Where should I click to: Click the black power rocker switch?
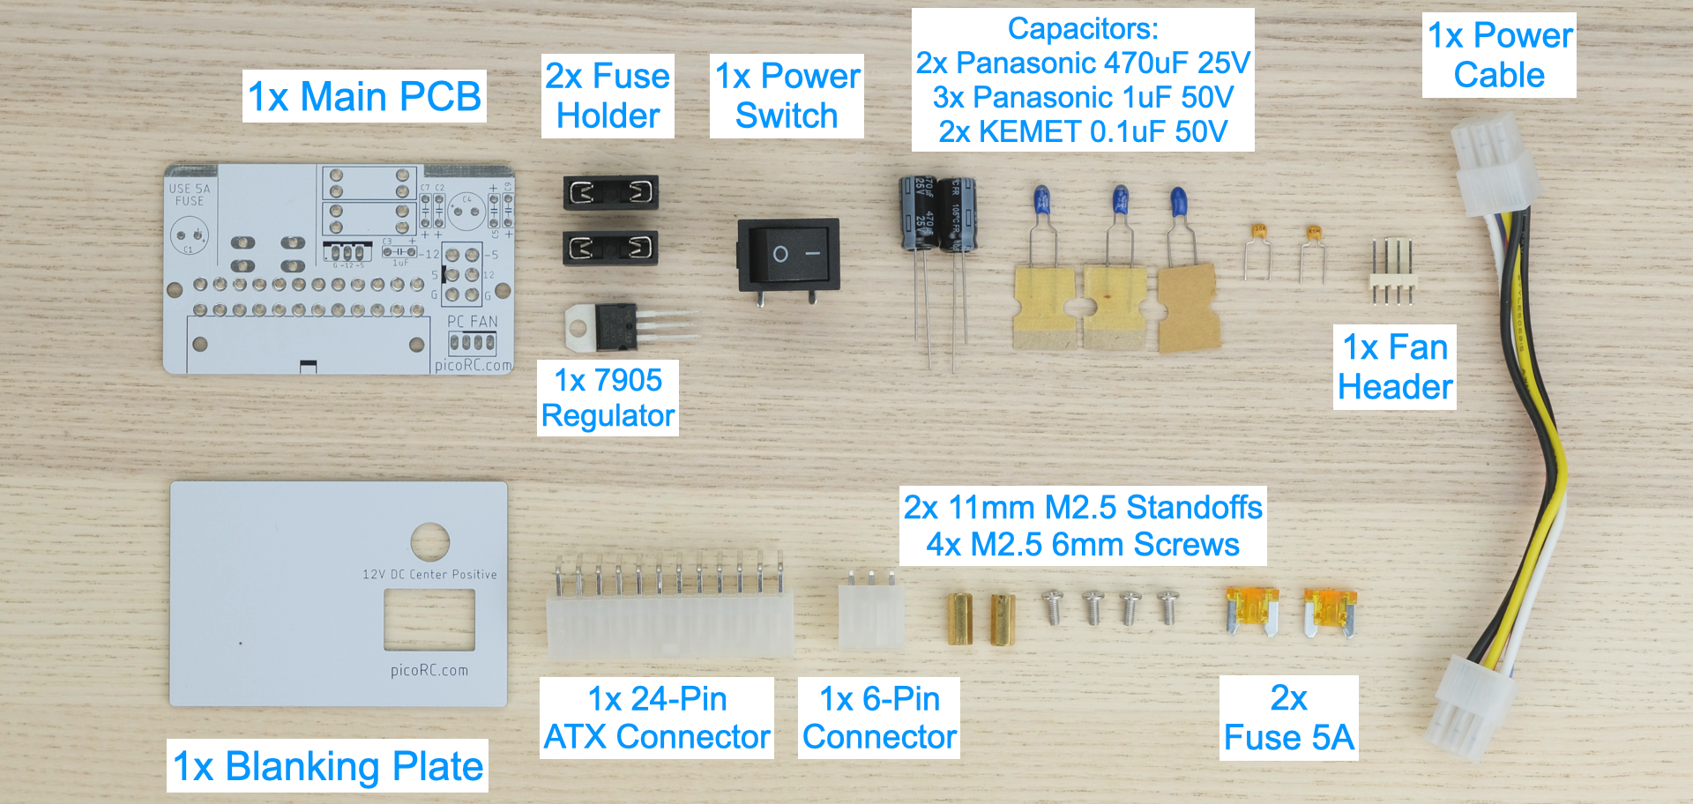[788, 256]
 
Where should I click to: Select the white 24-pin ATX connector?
[669, 622]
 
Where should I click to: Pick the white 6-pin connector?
[871, 614]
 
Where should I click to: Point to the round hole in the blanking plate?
[430, 541]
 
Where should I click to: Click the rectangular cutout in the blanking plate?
[429, 619]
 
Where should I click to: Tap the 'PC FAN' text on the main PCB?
[473, 322]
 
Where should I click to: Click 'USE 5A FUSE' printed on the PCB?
[190, 195]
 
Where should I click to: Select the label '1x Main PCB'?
[364, 96]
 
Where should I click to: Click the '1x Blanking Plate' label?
[327, 765]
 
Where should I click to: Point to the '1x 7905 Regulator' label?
[608, 398]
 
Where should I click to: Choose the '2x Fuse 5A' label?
[1288, 718]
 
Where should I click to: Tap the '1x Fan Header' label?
[1394, 367]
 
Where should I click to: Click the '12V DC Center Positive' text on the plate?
[429, 575]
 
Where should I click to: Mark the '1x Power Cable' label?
[1499, 55]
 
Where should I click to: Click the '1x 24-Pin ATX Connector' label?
[657, 718]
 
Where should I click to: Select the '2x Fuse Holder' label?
[608, 95]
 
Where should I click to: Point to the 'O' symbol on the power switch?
[780, 255]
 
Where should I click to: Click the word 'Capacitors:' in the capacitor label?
[1083, 29]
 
